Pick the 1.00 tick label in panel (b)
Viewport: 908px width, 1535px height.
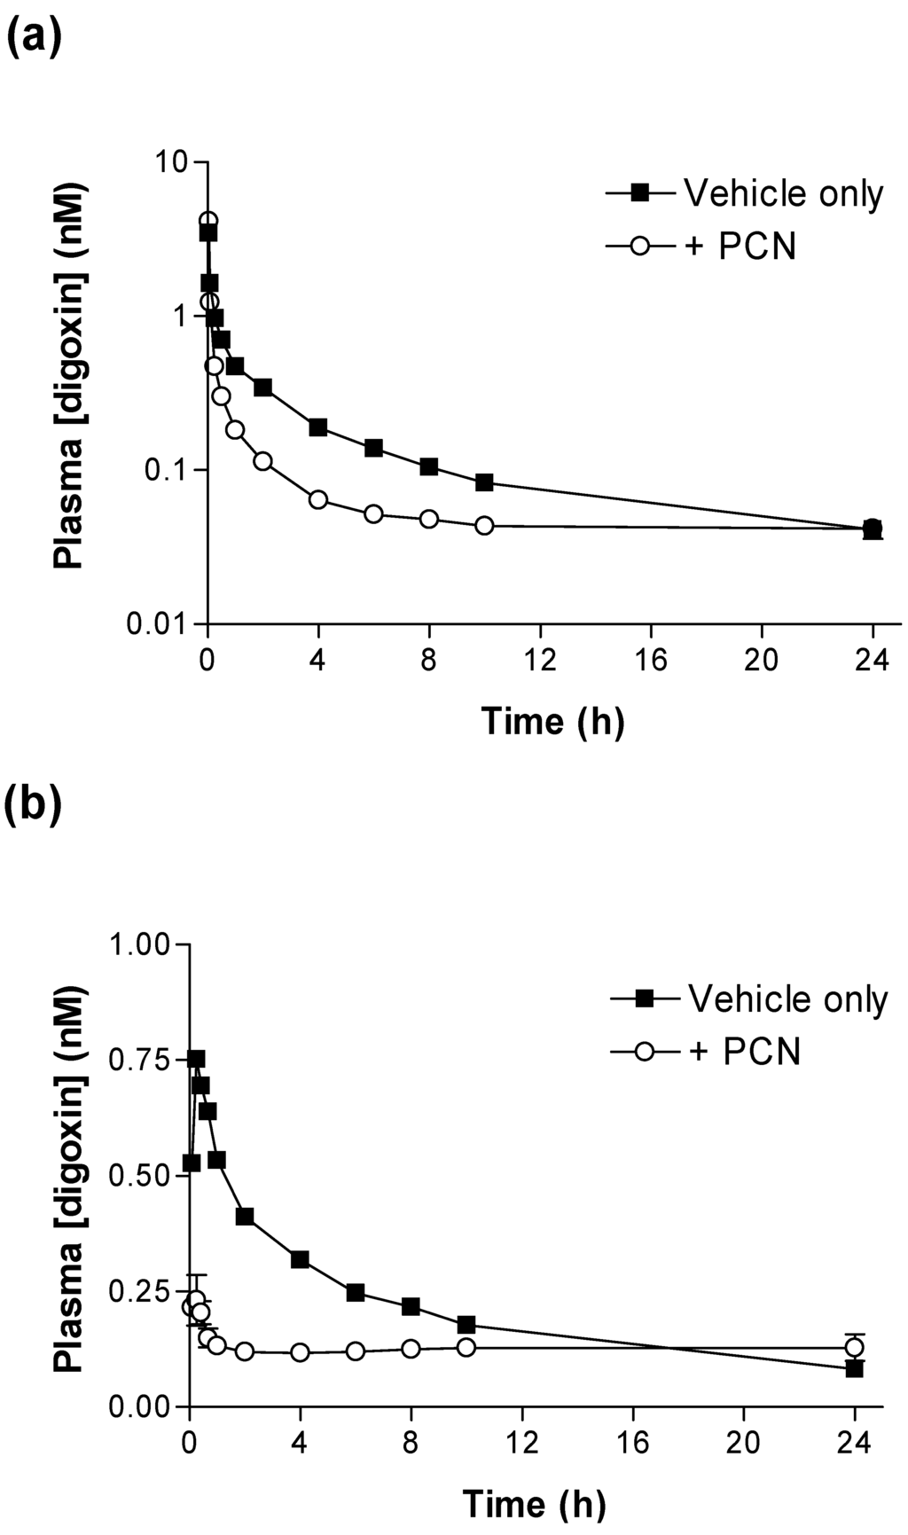(x=142, y=944)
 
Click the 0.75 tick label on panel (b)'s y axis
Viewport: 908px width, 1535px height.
(x=142, y=1061)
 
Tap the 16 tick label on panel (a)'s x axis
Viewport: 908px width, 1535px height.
(x=652, y=662)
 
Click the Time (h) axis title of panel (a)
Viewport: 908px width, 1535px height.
(x=552, y=721)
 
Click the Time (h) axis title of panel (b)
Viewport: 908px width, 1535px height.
(x=534, y=1504)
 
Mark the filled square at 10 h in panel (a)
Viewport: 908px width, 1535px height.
(x=484, y=482)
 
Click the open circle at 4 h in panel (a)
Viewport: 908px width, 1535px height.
(x=317, y=499)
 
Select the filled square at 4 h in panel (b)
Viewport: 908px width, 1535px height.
(x=300, y=1259)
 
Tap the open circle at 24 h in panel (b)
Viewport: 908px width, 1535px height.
(x=855, y=1347)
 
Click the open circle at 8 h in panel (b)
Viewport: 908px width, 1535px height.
(x=411, y=1348)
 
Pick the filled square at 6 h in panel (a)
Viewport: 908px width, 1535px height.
(x=373, y=448)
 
